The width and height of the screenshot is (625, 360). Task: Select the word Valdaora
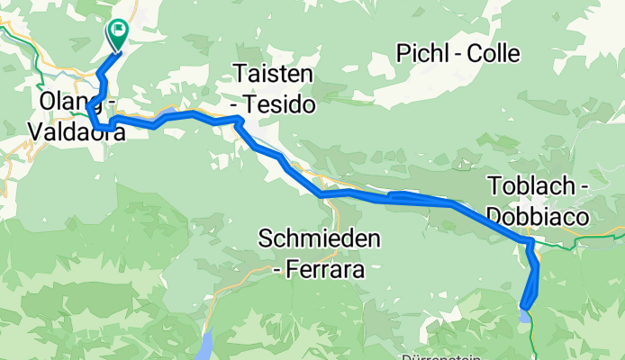point(78,130)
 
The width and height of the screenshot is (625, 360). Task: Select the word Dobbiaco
point(538,216)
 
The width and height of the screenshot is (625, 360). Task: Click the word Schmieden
point(319,238)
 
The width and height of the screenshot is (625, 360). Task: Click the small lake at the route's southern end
point(525,315)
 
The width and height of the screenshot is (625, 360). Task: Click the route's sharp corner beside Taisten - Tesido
point(239,119)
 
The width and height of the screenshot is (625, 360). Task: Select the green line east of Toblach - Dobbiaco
point(599,238)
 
